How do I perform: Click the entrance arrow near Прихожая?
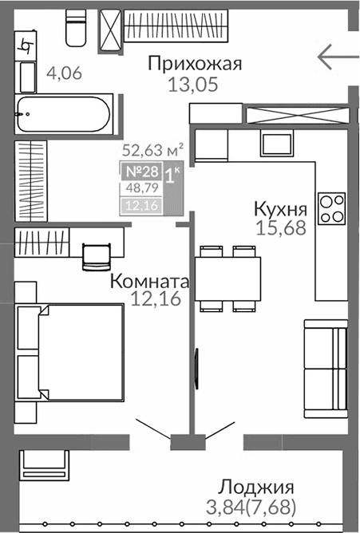336,57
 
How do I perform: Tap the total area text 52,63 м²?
152,148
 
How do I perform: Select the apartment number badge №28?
140,171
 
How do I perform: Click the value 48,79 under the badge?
137,190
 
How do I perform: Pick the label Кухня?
279,209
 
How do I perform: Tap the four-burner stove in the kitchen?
330,208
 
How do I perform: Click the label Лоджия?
256,488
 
